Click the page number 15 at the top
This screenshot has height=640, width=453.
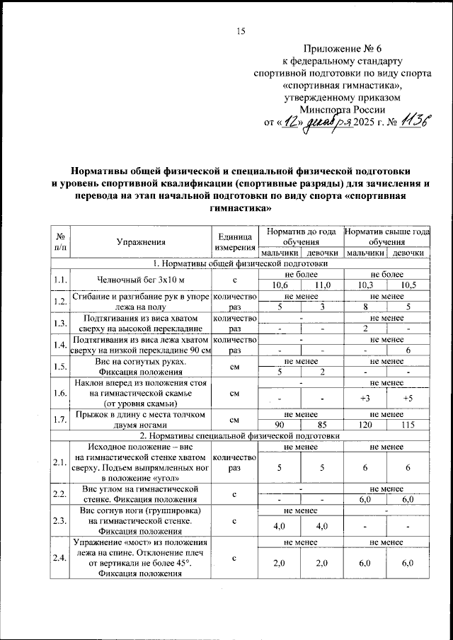[x=240, y=30]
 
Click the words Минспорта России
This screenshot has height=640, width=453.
[x=343, y=109]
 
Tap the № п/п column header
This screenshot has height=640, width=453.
[x=60, y=242]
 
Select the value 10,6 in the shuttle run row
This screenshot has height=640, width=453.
[x=279, y=285]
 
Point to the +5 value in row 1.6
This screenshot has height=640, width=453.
[x=408, y=399]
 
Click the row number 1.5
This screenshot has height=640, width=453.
[x=60, y=367]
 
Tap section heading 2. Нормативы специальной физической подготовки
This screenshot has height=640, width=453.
[x=239, y=436]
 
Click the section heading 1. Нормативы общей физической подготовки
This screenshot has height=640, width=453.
[x=239, y=263]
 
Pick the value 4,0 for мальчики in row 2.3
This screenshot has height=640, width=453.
[x=279, y=526]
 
